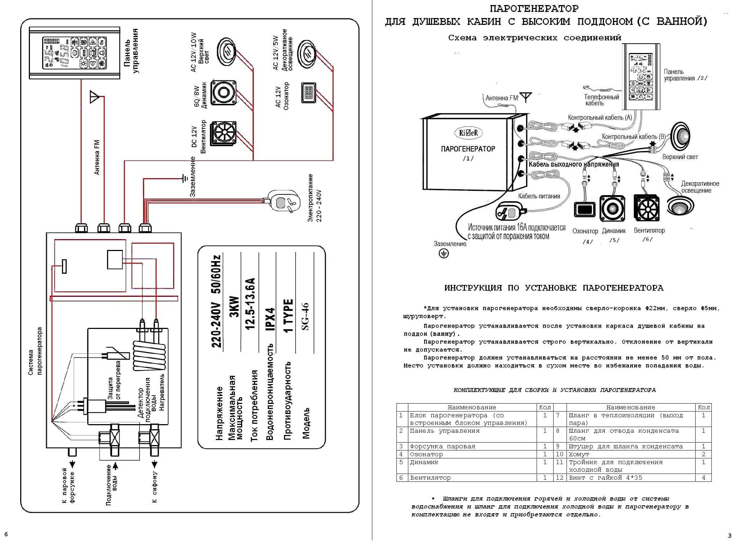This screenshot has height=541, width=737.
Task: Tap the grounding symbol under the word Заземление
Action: click(x=444, y=254)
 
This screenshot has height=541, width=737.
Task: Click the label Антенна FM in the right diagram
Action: click(x=501, y=98)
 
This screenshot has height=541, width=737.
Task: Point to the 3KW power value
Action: click(x=234, y=307)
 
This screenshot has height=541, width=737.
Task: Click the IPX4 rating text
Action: click(x=270, y=319)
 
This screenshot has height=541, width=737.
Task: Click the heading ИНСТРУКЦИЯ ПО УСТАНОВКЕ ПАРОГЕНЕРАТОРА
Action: click(x=554, y=288)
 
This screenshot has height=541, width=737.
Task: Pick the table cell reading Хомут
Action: click(x=579, y=454)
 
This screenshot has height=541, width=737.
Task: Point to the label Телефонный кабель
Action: click(x=601, y=100)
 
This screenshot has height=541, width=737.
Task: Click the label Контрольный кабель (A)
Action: click(x=600, y=117)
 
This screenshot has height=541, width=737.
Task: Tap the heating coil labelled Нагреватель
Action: click(x=149, y=355)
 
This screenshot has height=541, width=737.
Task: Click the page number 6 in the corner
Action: click(x=6, y=534)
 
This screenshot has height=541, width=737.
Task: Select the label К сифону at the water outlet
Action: click(x=154, y=487)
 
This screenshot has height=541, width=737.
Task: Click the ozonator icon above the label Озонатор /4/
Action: click(x=585, y=209)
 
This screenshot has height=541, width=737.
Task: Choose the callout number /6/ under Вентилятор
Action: click(x=647, y=239)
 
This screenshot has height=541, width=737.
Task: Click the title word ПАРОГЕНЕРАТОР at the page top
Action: click(x=534, y=8)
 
